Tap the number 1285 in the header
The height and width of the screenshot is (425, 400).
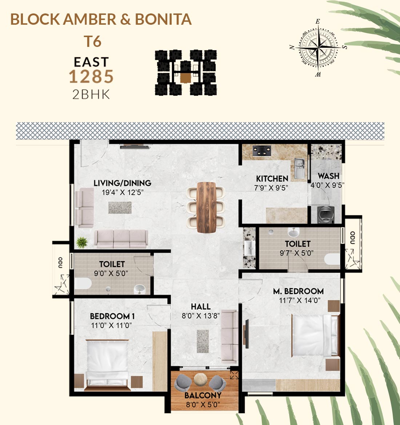(91, 77)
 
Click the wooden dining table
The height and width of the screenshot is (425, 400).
(206, 207)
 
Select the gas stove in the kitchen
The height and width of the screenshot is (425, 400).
(262, 151)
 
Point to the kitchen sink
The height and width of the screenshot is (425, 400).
(299, 168)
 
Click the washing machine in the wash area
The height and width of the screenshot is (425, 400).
(326, 214)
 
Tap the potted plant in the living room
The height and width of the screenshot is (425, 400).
(81, 242)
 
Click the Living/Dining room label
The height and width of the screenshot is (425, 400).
(122, 183)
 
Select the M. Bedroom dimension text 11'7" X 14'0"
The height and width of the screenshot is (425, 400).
(300, 300)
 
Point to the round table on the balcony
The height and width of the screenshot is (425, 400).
(201, 379)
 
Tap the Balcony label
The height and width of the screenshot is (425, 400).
(203, 395)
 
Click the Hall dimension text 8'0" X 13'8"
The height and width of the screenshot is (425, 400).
(201, 316)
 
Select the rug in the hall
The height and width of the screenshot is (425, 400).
(203, 341)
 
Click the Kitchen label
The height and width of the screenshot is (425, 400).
(272, 179)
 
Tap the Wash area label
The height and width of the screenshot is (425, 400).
(328, 176)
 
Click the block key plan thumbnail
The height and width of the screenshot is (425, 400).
(186, 73)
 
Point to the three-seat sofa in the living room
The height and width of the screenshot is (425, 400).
(121, 239)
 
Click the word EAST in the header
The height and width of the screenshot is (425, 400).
(91, 62)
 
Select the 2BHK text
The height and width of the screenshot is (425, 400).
(91, 95)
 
